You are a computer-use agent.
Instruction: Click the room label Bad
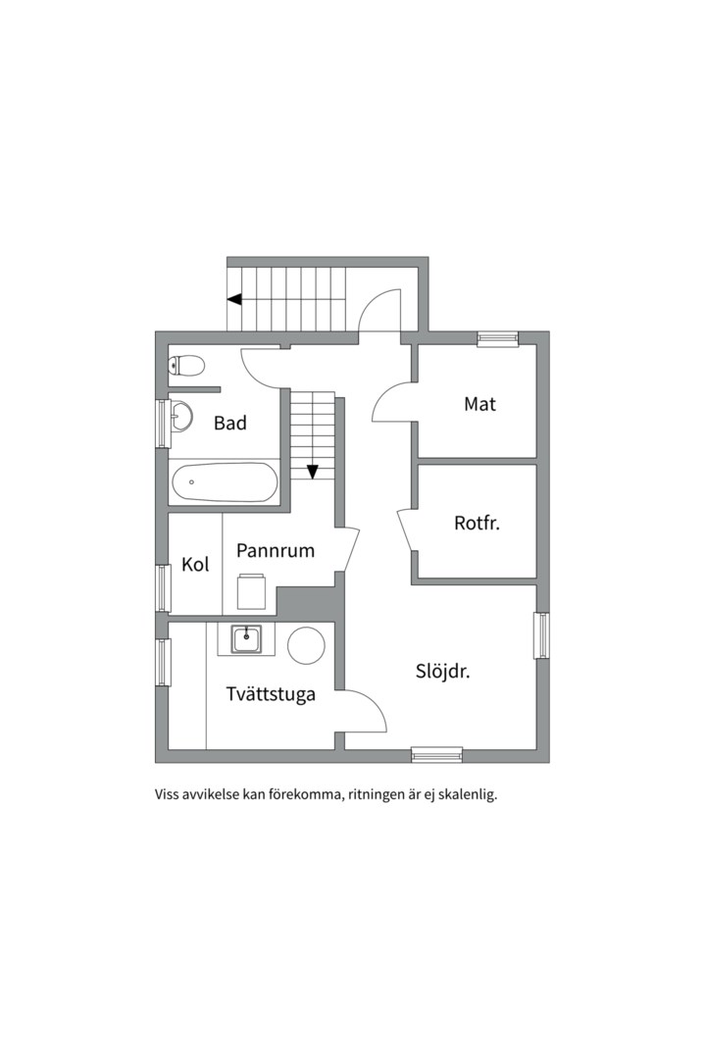tap(229, 423)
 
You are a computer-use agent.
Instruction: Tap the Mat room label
tap(479, 404)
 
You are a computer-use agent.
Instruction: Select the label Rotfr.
tap(477, 523)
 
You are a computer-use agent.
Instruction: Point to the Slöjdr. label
tap(442, 672)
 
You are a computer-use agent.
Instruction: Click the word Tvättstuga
tap(271, 694)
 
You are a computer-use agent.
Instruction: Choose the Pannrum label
tap(275, 550)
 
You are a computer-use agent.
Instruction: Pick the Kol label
tap(195, 564)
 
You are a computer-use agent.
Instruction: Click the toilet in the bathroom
tap(186, 366)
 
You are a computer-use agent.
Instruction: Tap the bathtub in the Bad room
tap(225, 482)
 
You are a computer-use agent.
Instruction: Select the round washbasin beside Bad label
tap(181, 415)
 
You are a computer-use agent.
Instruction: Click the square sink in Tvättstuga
tap(246, 638)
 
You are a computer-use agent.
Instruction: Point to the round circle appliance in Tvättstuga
tap(307, 645)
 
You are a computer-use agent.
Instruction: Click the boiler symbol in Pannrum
tap(251, 591)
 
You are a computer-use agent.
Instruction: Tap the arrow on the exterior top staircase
tap(234, 299)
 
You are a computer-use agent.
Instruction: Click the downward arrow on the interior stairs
tap(312, 472)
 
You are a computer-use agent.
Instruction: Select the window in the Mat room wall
tap(498, 339)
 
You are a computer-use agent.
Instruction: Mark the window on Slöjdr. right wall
tap(542, 634)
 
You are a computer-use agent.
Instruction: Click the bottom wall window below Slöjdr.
tap(437, 754)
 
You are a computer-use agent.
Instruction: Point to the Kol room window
tap(162, 589)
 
